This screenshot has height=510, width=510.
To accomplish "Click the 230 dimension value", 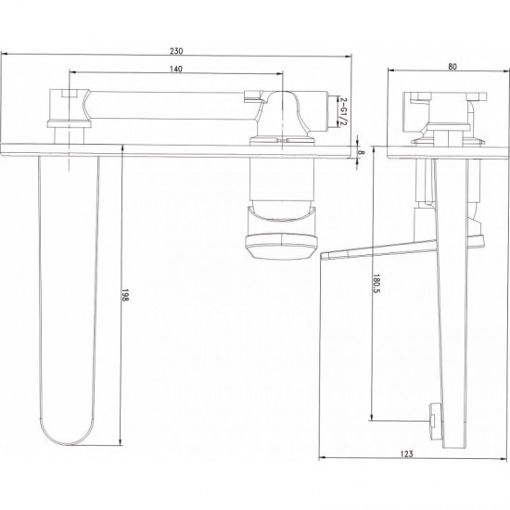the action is click(x=176, y=51).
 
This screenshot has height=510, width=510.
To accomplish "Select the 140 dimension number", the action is click(x=176, y=69).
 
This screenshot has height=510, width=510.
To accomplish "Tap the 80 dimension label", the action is click(x=453, y=67).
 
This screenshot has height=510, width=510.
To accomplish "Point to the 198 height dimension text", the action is click(x=125, y=295).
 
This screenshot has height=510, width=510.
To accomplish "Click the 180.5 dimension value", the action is click(x=376, y=283).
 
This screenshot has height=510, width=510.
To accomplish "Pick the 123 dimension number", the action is click(x=406, y=453).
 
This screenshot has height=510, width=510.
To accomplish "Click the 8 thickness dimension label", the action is click(x=362, y=152).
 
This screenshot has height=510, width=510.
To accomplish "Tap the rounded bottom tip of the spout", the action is click(x=69, y=444).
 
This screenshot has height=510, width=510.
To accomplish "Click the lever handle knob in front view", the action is click(x=281, y=248).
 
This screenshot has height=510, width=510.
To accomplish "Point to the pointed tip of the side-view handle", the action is click(x=322, y=255).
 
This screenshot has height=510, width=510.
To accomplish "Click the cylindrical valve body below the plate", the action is click(x=282, y=181).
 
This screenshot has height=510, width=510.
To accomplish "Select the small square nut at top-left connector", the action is click(x=70, y=94).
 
